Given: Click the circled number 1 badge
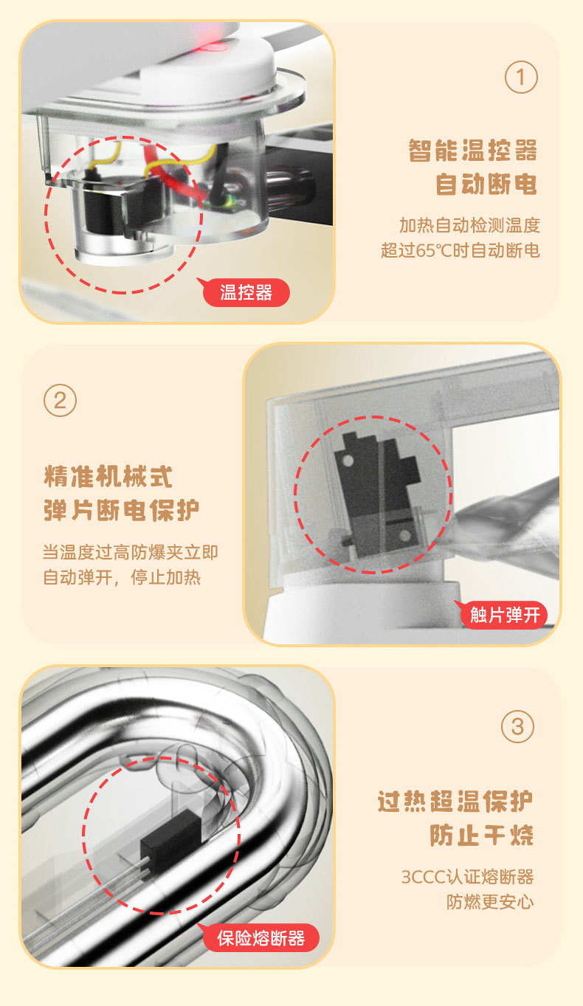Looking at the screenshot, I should pos(521,77).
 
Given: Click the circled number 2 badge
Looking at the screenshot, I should pos(61,401).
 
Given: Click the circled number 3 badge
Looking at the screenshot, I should pos(517,727).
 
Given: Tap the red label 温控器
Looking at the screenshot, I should pos(246,292).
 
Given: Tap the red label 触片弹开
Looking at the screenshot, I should pos(505,614).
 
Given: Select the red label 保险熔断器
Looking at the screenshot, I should pos(261,938).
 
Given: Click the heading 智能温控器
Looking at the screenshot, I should pos(472,151).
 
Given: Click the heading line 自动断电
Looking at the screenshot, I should pos(486,185).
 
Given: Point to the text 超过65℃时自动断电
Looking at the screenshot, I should pos(460,251).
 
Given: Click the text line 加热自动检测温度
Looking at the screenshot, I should pos(469,225).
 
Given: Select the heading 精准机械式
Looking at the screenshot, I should pos(108,476).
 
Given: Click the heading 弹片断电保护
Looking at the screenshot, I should pos(122,510).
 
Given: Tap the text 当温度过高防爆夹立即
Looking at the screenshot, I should pos(130,552).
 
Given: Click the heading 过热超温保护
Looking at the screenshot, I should pos(455,801).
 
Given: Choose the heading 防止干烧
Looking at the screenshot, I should pos(481,836).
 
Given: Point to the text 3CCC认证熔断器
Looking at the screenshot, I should pos(467,877).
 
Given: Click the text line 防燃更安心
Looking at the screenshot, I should pos(489,902).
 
